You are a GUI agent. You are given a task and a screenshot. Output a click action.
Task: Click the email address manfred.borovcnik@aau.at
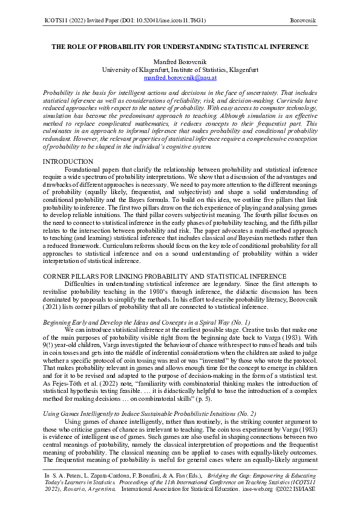click(180, 79)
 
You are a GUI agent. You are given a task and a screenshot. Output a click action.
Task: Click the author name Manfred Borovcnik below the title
click(180, 62)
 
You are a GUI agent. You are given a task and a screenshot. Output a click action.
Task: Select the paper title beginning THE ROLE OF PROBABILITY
click(180, 47)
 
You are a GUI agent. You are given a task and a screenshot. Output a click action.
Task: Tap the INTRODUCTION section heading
click(68, 162)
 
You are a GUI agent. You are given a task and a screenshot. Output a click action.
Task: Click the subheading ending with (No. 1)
click(146, 323)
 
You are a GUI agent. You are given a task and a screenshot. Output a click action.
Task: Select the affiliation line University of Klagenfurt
click(180, 70)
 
